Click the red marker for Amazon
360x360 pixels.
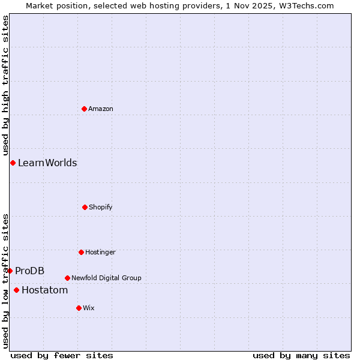[x=85, y=109]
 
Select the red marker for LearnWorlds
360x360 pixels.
[x=13, y=163]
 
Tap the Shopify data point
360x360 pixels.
[x=85, y=207]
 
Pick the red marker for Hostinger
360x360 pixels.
[x=81, y=252]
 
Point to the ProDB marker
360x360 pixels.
[x=10, y=271]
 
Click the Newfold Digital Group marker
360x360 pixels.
[x=67, y=278]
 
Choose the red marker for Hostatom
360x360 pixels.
[x=16, y=290]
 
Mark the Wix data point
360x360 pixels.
[x=79, y=308]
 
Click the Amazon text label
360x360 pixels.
[x=101, y=109]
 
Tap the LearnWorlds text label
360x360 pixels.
[x=47, y=163]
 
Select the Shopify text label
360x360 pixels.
[x=101, y=207]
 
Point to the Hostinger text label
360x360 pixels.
[x=100, y=252]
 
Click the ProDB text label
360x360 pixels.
[x=29, y=271]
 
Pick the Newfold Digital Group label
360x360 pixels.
[x=106, y=278]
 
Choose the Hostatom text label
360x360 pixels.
[x=44, y=290]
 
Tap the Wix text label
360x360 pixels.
[x=89, y=308]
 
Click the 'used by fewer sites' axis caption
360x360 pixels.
[x=62, y=355]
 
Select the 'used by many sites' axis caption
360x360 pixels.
[x=301, y=355]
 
